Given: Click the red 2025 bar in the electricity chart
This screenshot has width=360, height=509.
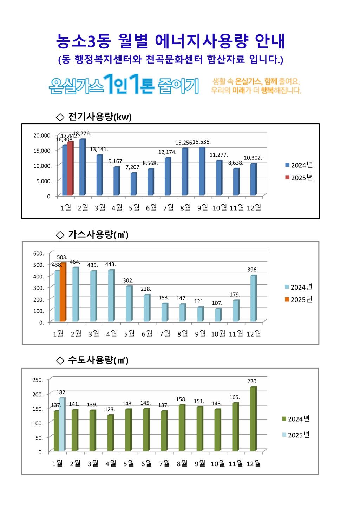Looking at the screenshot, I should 70,168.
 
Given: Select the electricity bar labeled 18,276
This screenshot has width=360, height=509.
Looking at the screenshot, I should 82,167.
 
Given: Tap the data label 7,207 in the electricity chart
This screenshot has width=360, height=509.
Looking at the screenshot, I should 133,167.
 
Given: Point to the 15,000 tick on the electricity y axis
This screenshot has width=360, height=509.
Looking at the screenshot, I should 42,151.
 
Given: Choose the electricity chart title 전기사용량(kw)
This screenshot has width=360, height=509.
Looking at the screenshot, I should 100,117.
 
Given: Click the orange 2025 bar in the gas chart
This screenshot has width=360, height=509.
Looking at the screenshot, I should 63,292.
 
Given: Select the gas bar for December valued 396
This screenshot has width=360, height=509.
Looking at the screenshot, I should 253,298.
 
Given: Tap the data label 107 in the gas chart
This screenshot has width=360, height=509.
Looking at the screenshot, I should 217,303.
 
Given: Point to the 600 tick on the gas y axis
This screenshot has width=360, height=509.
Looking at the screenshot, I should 39,253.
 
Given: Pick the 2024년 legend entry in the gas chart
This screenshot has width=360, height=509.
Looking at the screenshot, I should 298,287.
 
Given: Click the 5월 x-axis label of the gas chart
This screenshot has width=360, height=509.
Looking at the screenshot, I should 129,334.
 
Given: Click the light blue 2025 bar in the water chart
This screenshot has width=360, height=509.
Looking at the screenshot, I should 62,424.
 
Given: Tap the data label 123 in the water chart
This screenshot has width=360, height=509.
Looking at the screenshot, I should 110,410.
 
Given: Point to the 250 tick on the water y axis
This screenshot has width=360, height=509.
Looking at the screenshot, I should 38,380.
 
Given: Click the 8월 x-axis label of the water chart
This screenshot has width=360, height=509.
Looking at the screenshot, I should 182,464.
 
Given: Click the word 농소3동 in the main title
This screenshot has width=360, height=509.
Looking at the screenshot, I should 83,41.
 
